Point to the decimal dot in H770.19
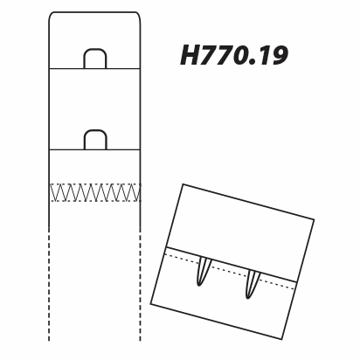253,62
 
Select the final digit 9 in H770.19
278,55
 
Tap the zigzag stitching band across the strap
95,192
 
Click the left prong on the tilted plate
204,272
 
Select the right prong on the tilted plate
253,284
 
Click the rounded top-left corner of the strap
51,15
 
